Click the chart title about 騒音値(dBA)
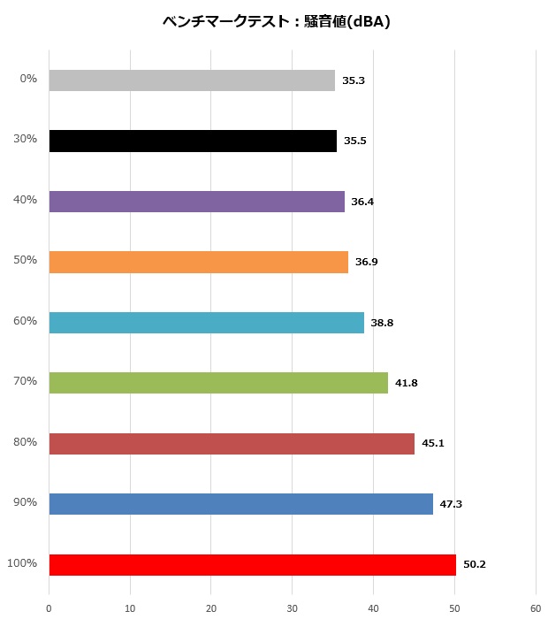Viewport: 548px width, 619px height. tap(277, 22)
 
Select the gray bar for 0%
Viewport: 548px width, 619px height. tap(192, 80)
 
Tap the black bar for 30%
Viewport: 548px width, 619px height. tap(193, 141)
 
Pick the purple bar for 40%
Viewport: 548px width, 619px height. tap(196, 202)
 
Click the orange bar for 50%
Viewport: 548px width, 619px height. tap(198, 262)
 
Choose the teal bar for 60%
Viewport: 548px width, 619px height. tap(206, 323)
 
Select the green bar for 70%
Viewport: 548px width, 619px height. tap(218, 383)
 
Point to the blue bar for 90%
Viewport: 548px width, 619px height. tap(240, 504)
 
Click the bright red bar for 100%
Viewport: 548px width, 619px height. tap(252, 564)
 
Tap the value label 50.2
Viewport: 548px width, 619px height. tap(475, 564)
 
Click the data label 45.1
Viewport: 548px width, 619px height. tap(433, 443)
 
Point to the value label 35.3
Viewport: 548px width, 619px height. tap(354, 80)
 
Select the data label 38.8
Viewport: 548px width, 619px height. tap(382, 323)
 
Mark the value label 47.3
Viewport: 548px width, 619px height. tap(451, 504)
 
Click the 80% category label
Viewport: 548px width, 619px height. tap(27, 441)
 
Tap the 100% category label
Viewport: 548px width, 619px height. tap(22, 562)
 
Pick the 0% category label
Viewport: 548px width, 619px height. tap(28, 79)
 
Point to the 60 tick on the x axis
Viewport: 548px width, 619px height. tap(535, 608)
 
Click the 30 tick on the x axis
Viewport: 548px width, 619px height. tap(292, 608)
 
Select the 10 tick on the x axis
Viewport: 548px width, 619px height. tap(130, 608)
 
